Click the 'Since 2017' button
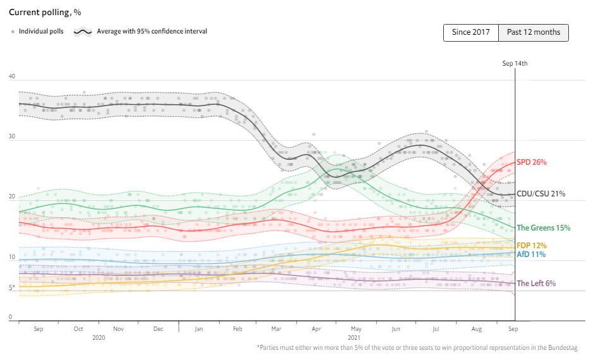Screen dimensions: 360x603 (x=471, y=33)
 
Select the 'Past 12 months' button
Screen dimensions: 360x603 (x=534, y=33)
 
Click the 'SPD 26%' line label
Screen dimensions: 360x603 (x=532, y=162)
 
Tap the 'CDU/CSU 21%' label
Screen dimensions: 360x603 (x=540, y=194)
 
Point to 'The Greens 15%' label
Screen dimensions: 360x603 (x=544, y=227)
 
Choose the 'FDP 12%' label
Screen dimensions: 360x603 (x=532, y=246)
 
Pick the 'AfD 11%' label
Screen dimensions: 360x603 (x=531, y=255)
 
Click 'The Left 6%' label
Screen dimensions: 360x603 (x=536, y=284)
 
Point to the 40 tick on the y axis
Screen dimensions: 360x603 (x=12, y=76)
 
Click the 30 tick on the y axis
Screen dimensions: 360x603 (x=12, y=137)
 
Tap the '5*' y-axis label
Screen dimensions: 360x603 (x=12, y=287)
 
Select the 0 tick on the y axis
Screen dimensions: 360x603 (x=11, y=317)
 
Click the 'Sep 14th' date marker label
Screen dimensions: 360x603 (x=515, y=63)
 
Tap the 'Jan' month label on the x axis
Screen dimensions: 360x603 (x=199, y=329)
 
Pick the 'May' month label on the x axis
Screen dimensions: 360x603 (x=357, y=329)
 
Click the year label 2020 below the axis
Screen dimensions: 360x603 (x=99, y=338)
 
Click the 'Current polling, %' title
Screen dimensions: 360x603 (x=45, y=12)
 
